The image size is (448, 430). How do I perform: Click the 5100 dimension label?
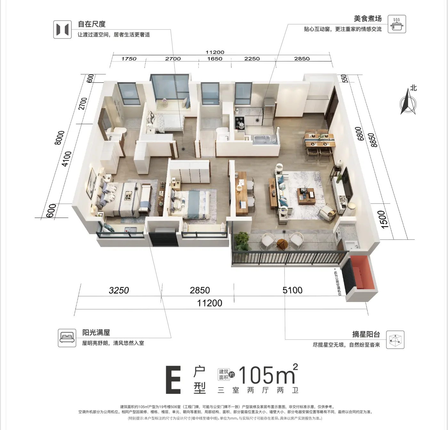coord(292,290)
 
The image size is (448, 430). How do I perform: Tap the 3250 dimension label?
coord(119,290)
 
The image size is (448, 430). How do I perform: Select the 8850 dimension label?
coord(373,140)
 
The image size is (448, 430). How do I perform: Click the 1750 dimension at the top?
coord(129,59)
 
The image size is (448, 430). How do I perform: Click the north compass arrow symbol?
coord(408,102)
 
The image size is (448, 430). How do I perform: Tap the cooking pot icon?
coord(397,24)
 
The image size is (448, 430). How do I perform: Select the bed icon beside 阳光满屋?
coord(67,338)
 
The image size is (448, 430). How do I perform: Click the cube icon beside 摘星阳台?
coord(395,340)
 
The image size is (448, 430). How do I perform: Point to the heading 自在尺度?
coord(92,24)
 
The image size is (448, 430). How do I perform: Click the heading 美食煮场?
coord(368,19)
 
